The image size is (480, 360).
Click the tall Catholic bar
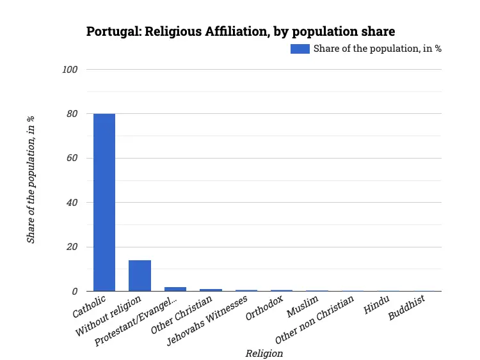104,202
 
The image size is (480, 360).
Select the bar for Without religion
140,276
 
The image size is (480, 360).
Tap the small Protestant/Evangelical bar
175,289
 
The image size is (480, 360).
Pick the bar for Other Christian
211,290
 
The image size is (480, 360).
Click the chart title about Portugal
240,31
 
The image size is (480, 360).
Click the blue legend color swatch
300,49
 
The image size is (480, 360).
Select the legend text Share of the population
377,49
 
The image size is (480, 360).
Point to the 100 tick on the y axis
70,69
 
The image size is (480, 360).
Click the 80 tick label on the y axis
72,114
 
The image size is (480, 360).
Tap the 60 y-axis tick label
72,158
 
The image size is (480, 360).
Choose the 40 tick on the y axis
72,203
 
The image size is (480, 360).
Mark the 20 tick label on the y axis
72,247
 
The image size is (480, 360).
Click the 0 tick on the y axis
75,292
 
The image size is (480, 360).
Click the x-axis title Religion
264,353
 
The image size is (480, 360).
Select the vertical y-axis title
30,180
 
